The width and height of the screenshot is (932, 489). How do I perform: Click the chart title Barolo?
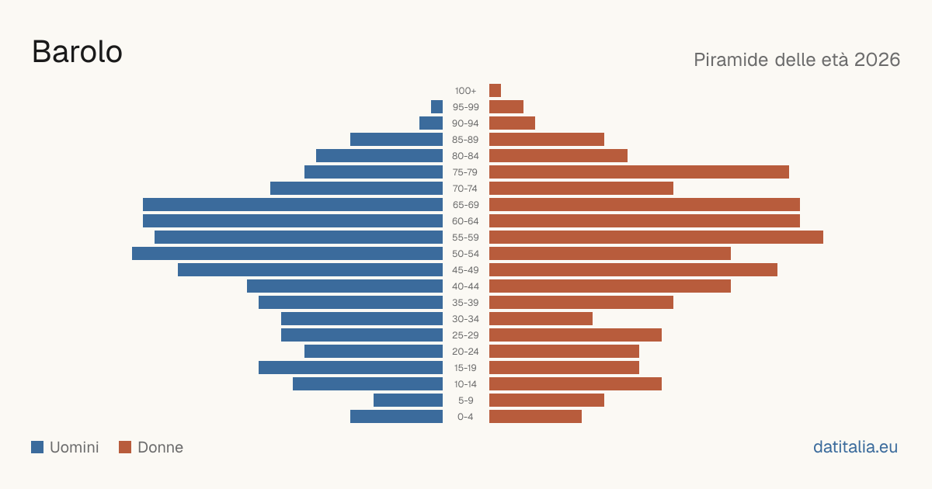78,52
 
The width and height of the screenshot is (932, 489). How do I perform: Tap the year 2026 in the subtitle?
877,60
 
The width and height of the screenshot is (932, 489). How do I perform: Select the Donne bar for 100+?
496,90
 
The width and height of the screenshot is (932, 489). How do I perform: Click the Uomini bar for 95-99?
436,107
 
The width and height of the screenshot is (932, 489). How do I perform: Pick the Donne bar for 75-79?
639,172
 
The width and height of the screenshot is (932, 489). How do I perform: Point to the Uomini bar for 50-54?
287,254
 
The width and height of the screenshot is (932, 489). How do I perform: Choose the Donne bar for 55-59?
656,238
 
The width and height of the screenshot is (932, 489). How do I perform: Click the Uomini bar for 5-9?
409,400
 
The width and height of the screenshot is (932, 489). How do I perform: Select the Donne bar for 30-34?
541,319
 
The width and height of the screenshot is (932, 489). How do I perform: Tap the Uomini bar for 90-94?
431,123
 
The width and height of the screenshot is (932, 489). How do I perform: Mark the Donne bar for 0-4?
535,417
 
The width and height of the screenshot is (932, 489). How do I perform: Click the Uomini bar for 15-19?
351,368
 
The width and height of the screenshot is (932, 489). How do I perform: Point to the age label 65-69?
465,205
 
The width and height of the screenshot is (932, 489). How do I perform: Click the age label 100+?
465,91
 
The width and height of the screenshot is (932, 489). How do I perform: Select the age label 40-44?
465,286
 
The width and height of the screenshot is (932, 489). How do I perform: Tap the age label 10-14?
465,384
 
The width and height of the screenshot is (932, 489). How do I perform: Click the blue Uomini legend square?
37,447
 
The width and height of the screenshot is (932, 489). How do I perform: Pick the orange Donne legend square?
125,447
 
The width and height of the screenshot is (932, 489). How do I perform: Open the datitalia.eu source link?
855,447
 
